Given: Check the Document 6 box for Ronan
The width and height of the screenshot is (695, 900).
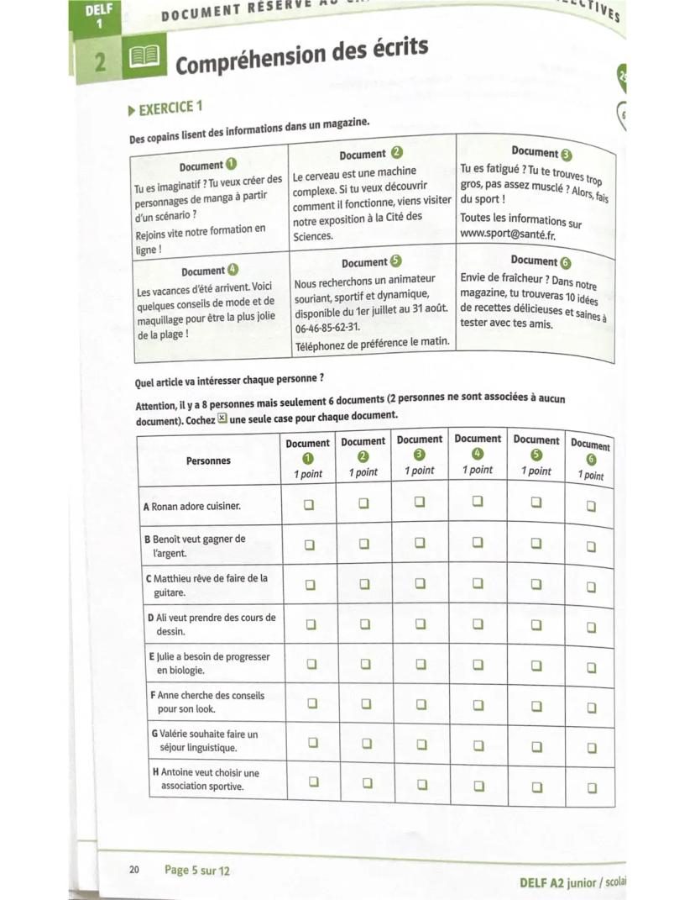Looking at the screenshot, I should click(x=592, y=507).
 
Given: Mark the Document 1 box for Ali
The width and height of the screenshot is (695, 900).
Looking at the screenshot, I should click(x=308, y=624).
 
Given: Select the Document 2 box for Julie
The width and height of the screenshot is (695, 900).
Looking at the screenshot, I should click(x=365, y=663).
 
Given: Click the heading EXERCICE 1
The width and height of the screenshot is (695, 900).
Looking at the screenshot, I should click(x=170, y=108).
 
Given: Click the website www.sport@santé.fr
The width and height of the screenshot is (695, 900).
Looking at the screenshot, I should click(x=508, y=234).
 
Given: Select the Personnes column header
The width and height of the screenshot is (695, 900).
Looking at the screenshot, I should click(x=208, y=461).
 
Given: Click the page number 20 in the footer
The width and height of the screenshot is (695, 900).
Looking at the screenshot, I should click(x=135, y=870).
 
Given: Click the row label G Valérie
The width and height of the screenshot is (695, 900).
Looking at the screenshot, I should click(x=205, y=740).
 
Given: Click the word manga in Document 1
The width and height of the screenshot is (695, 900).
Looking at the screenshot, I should click(x=211, y=197).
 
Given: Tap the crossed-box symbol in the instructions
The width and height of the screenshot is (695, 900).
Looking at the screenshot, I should click(x=222, y=417).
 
